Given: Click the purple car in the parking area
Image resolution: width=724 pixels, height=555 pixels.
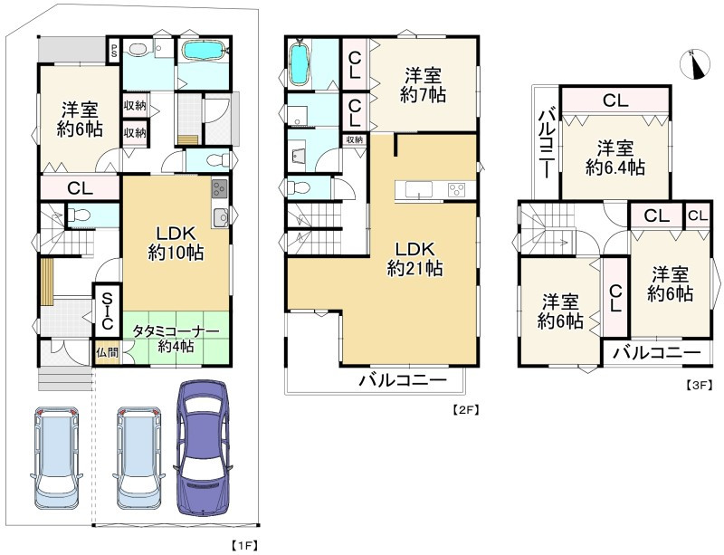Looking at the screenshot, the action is coord(204,448).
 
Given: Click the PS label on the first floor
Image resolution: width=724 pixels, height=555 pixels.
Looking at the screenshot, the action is coord(114,51).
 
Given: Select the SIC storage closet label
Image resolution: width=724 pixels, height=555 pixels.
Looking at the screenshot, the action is coord(107,311).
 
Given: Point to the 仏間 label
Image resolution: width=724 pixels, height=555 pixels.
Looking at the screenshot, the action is coord(107,353).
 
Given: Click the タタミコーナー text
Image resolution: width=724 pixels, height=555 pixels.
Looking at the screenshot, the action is coord(176,331).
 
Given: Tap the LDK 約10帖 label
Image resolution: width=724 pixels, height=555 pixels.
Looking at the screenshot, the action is coord(176,243).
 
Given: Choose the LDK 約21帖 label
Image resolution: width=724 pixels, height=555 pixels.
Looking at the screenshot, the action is coord(415,259).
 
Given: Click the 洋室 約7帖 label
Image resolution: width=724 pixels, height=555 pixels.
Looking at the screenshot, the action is coord(423,85).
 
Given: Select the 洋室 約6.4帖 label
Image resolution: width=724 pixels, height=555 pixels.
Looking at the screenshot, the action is coord(615,158).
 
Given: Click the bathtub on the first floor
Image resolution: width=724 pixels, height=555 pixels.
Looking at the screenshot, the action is coord(204,51).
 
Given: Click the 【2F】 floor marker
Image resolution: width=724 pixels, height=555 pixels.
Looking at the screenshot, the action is coord(464,409).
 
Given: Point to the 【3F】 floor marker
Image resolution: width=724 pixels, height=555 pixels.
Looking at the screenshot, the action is coord(700,385).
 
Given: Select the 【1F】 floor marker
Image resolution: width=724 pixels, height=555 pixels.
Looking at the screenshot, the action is coord(243,544).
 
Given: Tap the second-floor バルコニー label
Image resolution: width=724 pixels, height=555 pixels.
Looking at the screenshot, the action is coord(404,381).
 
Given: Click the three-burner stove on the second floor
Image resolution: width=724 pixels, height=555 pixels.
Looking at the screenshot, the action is coord(458,189).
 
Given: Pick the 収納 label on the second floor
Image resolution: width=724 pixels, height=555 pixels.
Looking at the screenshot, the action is coord(355,139).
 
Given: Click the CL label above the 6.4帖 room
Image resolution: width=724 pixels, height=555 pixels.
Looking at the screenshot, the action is coord(615,100).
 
